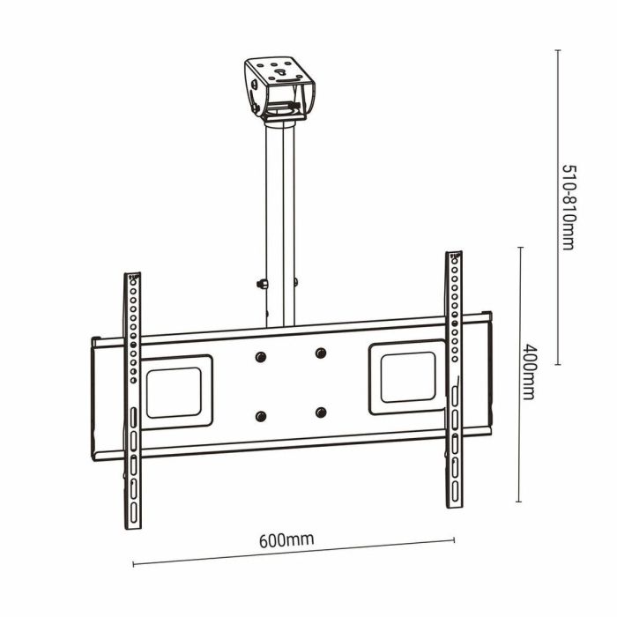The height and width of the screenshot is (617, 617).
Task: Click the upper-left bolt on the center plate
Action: point(260,356)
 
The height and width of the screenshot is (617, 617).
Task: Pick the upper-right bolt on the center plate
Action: point(320,353)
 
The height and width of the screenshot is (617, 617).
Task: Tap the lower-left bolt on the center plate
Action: point(260,416)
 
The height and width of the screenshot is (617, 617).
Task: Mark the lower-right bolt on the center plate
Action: point(320,413)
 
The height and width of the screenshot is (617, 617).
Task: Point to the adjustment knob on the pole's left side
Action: point(262,284)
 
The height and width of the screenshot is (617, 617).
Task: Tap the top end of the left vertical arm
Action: point(133,277)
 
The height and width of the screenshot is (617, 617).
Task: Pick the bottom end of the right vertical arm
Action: point(455,506)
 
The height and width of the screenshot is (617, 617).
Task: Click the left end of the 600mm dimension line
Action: point(133,563)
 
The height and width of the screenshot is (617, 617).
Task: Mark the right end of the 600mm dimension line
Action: point(454,540)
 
